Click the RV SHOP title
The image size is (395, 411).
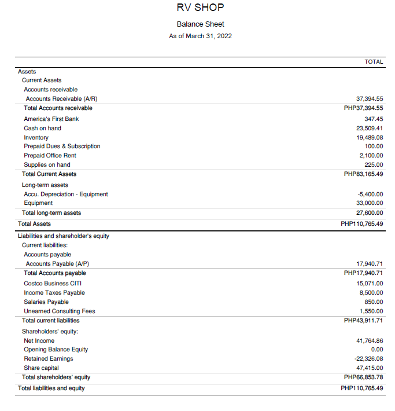(200, 8)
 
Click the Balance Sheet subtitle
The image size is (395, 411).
(200, 24)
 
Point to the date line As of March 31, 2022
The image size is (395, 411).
(200, 36)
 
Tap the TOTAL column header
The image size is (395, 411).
(374, 61)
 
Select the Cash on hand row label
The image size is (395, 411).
(42, 128)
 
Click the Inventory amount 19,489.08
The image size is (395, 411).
(370, 137)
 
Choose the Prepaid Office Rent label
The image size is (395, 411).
(50, 155)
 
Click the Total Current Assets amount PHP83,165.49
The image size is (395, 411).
(363, 174)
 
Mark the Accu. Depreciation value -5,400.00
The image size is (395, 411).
(371, 194)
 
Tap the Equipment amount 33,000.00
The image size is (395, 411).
(370, 203)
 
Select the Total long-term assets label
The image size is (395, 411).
(51, 212)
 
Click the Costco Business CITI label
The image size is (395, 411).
(53, 283)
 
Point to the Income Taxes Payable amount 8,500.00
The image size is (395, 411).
(371, 292)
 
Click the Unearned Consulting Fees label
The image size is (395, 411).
(60, 311)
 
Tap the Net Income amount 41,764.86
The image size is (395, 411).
(370, 340)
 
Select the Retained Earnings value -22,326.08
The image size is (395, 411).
(368, 358)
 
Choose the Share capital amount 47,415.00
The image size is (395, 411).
(370, 368)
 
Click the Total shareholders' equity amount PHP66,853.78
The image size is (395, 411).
(363, 377)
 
